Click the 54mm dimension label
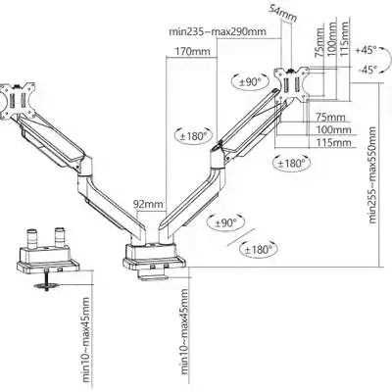(282, 13)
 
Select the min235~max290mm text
(218, 31)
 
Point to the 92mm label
(148, 204)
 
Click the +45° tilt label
(367, 50)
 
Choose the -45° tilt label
(367, 70)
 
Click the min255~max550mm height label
(372, 175)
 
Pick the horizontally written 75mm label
(330, 117)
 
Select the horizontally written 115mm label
(333, 142)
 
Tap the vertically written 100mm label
(330, 39)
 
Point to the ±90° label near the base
(225, 222)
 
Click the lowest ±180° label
(259, 250)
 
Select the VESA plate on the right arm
(292, 82)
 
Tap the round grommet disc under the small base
(47, 286)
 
